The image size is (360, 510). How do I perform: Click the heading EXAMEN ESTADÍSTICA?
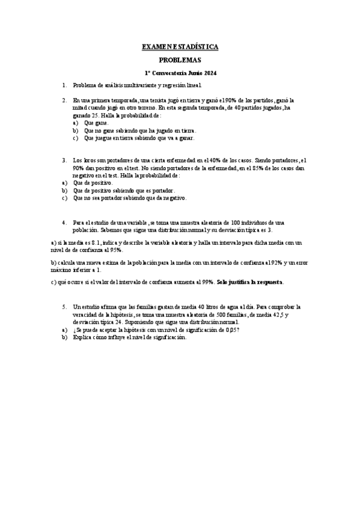click(x=180, y=46)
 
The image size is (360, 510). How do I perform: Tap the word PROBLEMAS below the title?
click(x=180, y=60)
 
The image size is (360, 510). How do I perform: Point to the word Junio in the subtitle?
click(x=191, y=73)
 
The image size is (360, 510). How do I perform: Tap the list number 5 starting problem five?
click(x=64, y=306)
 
